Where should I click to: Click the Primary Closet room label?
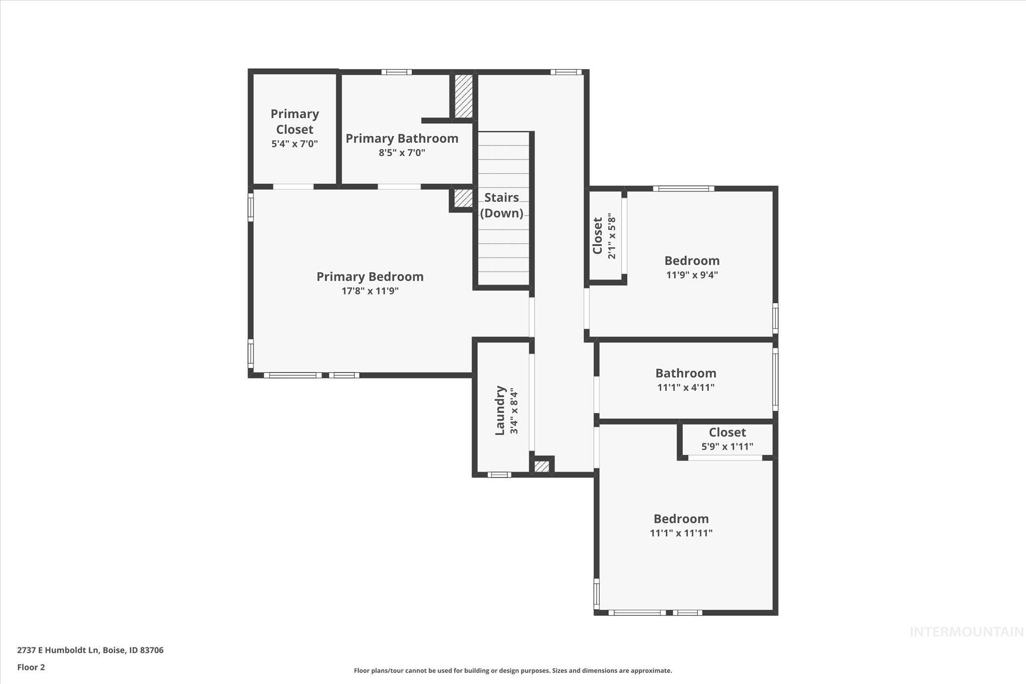[295, 122]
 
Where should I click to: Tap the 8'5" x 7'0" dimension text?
[402, 153]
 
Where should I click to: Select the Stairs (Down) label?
[501, 205]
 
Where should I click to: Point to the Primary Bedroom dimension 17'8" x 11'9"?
[370, 291]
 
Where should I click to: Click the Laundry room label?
[500, 410]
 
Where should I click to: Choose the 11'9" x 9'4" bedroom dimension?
[692, 275]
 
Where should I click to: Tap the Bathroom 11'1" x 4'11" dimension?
[685, 387]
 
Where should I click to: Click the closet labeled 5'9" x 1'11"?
[727, 438]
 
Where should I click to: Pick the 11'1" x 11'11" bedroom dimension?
[681, 533]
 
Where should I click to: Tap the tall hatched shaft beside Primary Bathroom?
[463, 96]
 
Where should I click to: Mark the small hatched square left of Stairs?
[463, 198]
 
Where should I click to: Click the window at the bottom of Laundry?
[499, 475]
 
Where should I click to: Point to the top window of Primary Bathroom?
[396, 72]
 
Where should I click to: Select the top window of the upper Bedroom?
[683, 189]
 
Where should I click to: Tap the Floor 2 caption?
[31, 667]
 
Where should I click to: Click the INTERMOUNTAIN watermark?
[966, 632]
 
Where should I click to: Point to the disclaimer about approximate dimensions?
[512, 670]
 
